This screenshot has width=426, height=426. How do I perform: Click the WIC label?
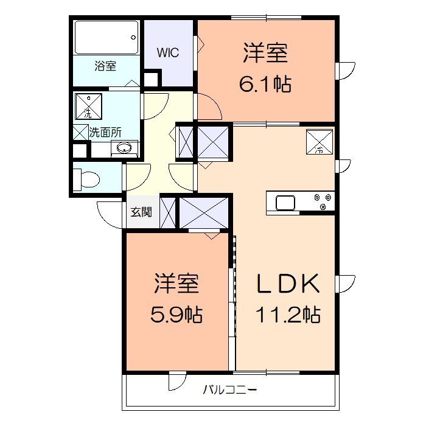tap(168, 52)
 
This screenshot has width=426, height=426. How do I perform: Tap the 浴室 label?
tap(105, 66)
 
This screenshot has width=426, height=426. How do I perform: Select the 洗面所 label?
tap(105, 133)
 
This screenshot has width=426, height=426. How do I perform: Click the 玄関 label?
tap(141, 212)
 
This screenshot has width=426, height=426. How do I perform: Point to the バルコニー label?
tap(230, 390)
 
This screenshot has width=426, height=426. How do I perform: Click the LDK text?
tap(288, 284)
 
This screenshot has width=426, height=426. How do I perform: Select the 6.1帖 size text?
tap(265, 84)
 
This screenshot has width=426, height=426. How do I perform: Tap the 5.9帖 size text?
tap(176, 315)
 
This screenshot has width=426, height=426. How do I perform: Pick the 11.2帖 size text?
tap(288, 315)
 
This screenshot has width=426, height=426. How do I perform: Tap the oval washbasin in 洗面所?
tap(124, 148)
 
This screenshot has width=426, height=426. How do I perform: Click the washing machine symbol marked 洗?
tap(89, 106)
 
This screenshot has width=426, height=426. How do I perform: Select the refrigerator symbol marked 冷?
tap(319, 142)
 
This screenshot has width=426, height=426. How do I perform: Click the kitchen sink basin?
tap(285, 203)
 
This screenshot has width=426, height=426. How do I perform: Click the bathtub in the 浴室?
tap(106, 38)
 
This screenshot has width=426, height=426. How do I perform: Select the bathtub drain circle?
tap(133, 37)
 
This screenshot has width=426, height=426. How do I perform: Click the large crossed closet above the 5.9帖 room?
tap(204, 213)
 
